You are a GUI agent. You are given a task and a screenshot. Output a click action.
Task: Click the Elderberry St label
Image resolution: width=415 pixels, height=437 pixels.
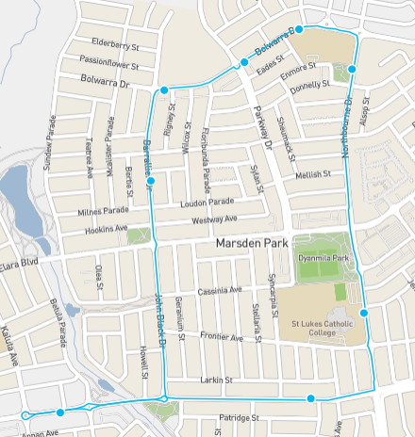pyautogui.click(x=115, y=41)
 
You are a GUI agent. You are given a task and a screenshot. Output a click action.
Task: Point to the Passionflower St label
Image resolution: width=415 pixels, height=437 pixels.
pyautogui.click(x=109, y=66)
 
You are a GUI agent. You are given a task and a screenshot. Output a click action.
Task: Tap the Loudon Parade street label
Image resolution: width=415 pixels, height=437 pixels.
pyautogui.click(x=207, y=202)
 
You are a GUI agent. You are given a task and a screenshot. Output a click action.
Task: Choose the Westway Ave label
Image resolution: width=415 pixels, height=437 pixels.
pyautogui.click(x=215, y=220)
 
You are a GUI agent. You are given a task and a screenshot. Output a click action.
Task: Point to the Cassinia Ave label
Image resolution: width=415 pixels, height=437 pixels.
pyautogui.click(x=219, y=290)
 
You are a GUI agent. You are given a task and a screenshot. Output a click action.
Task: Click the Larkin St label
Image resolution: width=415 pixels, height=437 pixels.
pyautogui.click(x=216, y=380)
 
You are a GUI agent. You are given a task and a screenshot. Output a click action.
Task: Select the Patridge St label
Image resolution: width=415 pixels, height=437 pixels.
pyautogui.click(x=239, y=417)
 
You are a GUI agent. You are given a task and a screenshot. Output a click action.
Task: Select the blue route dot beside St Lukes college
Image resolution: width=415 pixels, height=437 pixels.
pyautogui.click(x=364, y=313)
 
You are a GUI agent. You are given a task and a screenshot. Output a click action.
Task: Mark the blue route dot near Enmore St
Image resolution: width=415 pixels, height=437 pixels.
pyautogui.click(x=352, y=69)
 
